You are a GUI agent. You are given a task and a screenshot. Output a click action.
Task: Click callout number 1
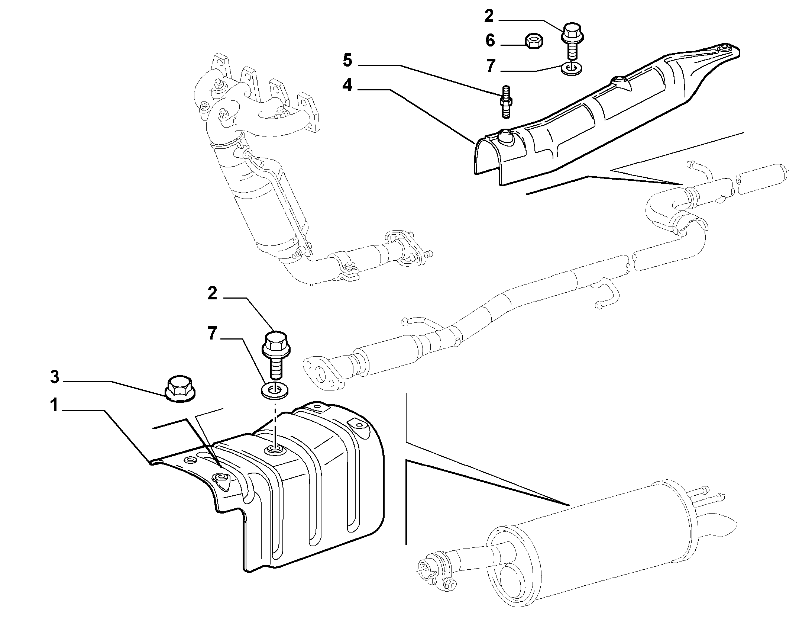pyautogui.click(x=55, y=405)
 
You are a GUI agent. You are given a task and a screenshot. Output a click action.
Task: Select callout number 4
pyautogui.click(x=347, y=85)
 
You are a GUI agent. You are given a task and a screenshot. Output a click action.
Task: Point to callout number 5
pyautogui.click(x=347, y=61)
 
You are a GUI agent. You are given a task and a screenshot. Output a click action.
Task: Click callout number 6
pyautogui.click(x=491, y=40)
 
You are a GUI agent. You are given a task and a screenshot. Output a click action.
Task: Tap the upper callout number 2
pyautogui.click(x=489, y=16)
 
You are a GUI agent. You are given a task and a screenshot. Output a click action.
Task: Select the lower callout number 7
pyautogui.click(x=212, y=333)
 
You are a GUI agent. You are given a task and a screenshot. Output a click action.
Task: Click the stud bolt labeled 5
pyautogui.click(x=506, y=102)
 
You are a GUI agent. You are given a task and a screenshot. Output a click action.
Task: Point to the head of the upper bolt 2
pyautogui.click(x=572, y=32)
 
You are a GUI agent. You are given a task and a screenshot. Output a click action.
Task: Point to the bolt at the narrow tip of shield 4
pyautogui.click(x=724, y=49)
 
